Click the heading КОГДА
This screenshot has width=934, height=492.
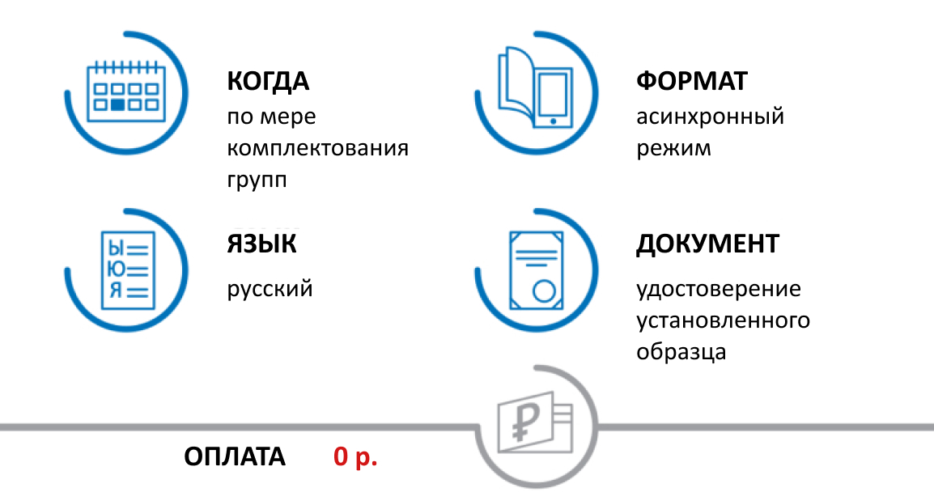[x=268, y=82]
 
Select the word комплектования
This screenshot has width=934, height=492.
[x=317, y=149]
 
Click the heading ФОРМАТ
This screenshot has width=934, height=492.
[x=692, y=82]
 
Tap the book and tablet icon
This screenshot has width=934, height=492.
[x=534, y=89]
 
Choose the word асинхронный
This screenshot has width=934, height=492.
[x=710, y=117]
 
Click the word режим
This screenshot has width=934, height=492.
[x=673, y=149]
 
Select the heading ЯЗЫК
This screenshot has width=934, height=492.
[x=261, y=244]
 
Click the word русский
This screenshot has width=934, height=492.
[x=270, y=288]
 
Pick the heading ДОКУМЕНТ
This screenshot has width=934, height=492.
[x=707, y=244]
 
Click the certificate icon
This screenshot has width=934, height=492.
[x=535, y=269]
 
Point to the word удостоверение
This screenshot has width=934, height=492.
[x=718, y=289]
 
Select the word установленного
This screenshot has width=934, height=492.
[x=723, y=320]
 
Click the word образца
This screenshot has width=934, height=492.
[x=681, y=353]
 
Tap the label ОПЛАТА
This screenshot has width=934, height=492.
[x=235, y=457]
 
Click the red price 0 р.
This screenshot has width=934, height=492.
[x=356, y=457]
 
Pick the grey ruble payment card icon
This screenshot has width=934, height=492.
[x=534, y=425]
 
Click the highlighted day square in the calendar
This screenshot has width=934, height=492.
[x=118, y=104]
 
